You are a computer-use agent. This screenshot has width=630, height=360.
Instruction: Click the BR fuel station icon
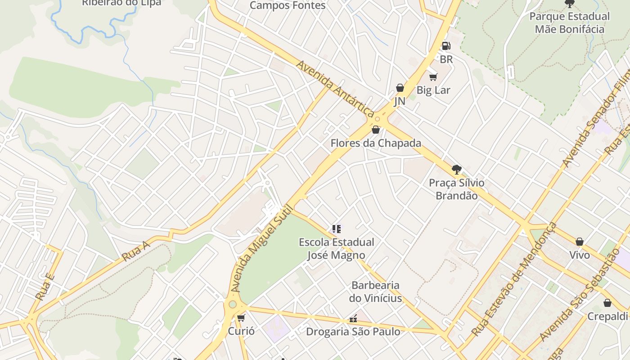pos(445,45)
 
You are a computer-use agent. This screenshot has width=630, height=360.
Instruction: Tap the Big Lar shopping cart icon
pos(433,77)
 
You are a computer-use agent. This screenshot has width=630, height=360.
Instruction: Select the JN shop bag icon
pos(400,88)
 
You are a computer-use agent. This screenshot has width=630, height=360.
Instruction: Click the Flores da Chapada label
pos(376,143)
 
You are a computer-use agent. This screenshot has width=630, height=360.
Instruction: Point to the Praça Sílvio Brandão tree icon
pos(456,170)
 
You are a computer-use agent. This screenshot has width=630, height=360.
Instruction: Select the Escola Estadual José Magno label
pos(336,249)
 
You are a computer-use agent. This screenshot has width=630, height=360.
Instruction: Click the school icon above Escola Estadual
pos(336,229)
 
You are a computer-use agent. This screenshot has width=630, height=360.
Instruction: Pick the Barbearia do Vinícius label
pos(375,292)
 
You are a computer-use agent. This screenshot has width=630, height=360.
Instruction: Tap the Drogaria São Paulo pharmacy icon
pos(353,319)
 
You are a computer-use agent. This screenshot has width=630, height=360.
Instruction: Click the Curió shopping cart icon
pos(241,318)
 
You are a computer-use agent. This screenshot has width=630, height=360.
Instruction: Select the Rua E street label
pos(45,287)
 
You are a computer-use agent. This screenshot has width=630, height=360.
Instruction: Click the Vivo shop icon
pos(580,242)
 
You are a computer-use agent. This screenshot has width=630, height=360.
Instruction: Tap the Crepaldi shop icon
pos(607,303)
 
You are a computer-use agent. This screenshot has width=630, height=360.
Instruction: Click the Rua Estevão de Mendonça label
pos(514,279)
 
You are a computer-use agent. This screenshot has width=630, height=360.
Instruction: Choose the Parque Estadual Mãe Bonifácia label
pos(569,23)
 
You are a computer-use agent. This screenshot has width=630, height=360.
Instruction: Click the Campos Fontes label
pos(287,5)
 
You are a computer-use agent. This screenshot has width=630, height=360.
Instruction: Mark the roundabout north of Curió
pos(232,305)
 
